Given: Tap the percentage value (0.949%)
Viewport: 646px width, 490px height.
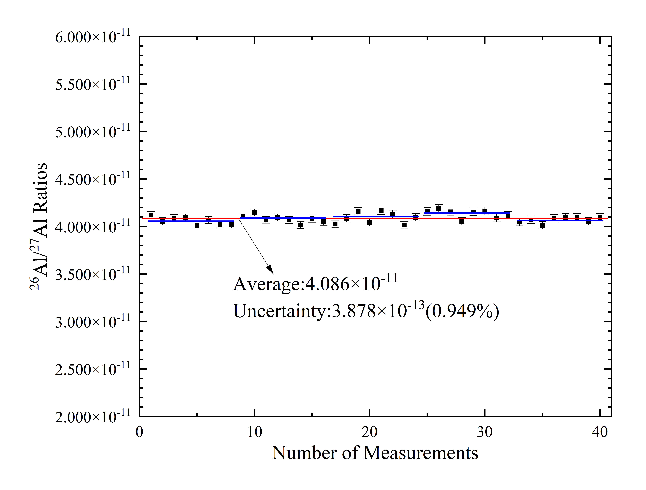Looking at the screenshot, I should coord(462,312).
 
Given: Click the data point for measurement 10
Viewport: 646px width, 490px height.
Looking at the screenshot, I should coord(254,212).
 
